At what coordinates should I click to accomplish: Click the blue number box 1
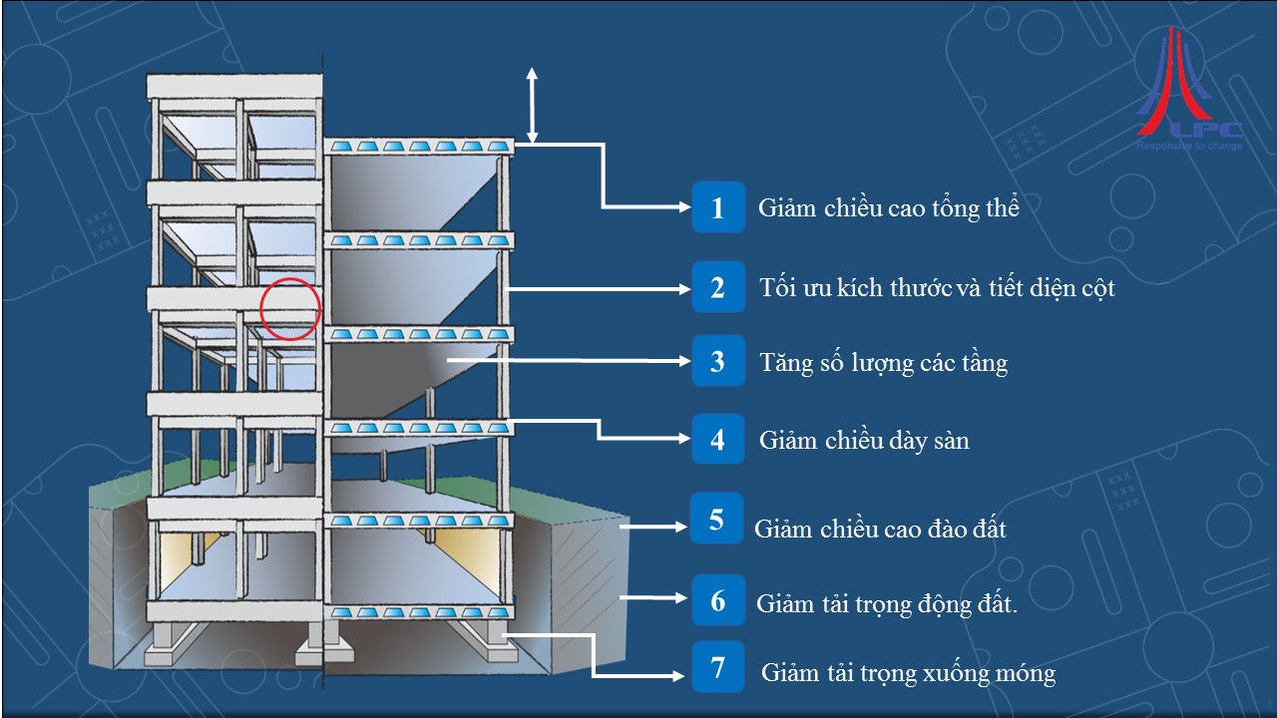[x=718, y=207]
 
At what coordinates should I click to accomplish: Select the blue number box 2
[x=718, y=288]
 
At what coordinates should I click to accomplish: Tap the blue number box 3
[x=718, y=361]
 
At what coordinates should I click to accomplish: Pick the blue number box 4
[x=718, y=439]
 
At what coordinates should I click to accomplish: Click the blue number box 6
[x=718, y=601]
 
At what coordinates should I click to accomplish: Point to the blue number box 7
[x=718, y=667]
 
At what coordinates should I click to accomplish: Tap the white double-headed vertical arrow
[x=532, y=106]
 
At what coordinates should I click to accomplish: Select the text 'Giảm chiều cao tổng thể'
[x=888, y=208]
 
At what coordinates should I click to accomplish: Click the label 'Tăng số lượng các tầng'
[x=883, y=362]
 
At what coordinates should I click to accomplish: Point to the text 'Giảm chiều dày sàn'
[x=864, y=440]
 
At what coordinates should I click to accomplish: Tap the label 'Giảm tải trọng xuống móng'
[x=908, y=673]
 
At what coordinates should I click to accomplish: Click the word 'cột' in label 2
[x=1094, y=289]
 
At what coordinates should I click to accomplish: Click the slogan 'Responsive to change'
[x=1189, y=147]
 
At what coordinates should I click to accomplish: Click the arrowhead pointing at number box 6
[x=682, y=598]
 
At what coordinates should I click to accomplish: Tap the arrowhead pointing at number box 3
[x=682, y=360]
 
